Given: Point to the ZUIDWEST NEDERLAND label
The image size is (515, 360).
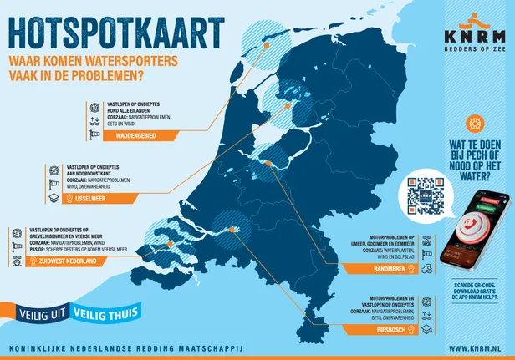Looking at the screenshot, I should pyautogui.click(x=63, y=261).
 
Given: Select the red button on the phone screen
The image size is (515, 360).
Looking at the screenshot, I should pyautogui.click(x=472, y=221).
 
